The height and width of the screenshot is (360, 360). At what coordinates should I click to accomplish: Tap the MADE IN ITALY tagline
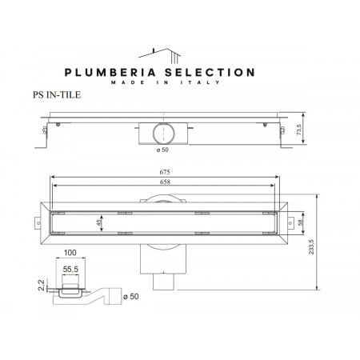180,82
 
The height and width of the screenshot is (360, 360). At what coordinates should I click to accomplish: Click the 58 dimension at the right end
299,224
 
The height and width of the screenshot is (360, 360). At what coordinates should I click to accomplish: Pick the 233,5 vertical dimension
324,240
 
